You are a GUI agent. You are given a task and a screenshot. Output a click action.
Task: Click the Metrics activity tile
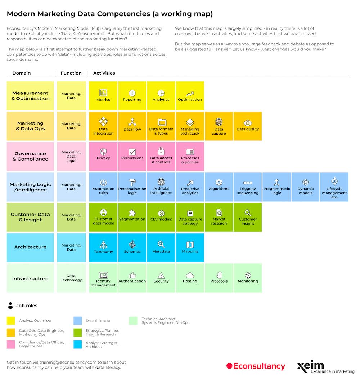(103, 96)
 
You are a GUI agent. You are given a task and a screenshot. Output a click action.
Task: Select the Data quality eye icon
(248, 123)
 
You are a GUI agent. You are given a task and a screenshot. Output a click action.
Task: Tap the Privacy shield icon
(103, 152)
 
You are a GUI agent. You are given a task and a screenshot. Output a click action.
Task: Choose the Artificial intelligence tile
(161, 187)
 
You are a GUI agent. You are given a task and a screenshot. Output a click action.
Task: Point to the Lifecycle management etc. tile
(334, 187)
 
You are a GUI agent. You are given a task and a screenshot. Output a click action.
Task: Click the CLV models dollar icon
(161, 213)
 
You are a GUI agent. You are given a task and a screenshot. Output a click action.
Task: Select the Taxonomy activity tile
(103, 247)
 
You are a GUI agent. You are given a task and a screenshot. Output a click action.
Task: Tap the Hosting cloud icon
(190, 275)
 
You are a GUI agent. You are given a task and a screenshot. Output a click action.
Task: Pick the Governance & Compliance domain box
(30, 156)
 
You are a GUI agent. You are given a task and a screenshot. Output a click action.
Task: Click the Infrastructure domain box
(30, 278)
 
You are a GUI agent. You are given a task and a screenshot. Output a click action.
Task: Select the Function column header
(71, 73)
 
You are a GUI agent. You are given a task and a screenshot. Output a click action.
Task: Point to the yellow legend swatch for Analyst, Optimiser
(11, 320)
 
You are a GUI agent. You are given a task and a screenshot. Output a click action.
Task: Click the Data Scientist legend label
(98, 321)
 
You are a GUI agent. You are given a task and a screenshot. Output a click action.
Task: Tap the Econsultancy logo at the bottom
(256, 366)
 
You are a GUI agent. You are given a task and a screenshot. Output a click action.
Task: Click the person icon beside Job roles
(10, 306)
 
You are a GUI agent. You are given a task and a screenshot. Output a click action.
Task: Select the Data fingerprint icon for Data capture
(219, 122)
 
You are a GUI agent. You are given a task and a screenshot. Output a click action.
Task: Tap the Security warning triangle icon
(161, 275)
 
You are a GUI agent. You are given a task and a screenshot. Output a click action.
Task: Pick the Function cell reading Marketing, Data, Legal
(71, 156)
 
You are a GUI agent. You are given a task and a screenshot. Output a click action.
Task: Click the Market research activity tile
(219, 217)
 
